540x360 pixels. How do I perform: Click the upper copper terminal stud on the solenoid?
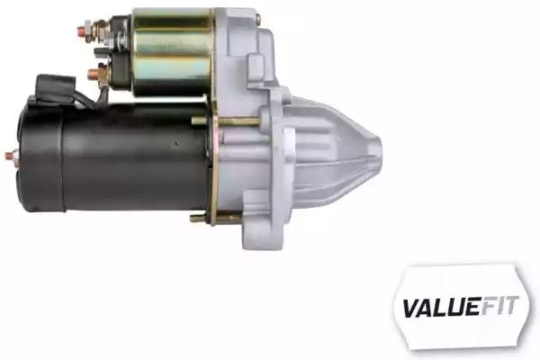[81, 31]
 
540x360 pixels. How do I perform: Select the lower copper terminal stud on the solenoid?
[93, 75]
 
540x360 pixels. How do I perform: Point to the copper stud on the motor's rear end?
[10, 156]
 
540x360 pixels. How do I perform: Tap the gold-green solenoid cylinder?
[172, 51]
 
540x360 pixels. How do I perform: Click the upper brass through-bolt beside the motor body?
[226, 121]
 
